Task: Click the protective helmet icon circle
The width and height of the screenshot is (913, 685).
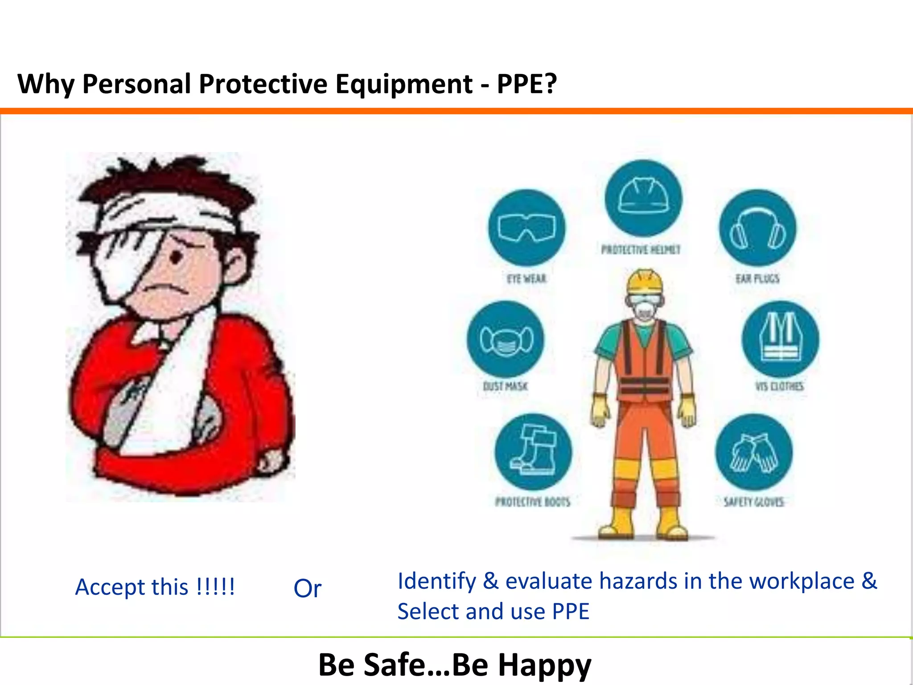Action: [x=643, y=198]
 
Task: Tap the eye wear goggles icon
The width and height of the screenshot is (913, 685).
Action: [x=526, y=227]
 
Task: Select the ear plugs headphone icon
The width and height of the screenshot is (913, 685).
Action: [x=757, y=227]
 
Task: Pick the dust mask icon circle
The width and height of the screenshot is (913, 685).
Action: [x=506, y=339]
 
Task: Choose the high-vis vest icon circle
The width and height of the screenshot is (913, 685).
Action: [x=780, y=339]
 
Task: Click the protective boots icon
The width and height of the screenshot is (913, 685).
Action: [x=533, y=452]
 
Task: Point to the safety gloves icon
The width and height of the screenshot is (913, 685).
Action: [x=754, y=452]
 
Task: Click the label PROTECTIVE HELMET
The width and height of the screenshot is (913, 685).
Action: [x=641, y=250]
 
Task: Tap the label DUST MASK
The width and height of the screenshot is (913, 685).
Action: [x=506, y=386]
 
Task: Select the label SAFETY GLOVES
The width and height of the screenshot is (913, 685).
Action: [x=753, y=502]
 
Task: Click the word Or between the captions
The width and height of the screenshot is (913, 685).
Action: [x=307, y=589]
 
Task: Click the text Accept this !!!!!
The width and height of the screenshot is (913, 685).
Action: [x=155, y=587]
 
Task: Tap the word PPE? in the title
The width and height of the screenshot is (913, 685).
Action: [x=526, y=84]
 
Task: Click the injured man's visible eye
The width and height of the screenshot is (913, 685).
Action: [x=177, y=257]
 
